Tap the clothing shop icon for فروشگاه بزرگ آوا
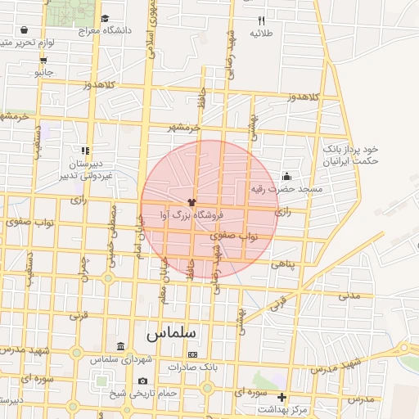192,201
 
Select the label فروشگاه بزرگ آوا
191,215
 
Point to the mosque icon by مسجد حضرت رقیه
286,176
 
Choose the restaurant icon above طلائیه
261,20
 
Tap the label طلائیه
261,34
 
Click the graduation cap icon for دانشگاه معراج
104,18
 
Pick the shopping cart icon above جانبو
43,59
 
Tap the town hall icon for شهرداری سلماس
121,347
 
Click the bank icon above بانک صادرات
192,354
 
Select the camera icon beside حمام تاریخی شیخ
143,381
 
